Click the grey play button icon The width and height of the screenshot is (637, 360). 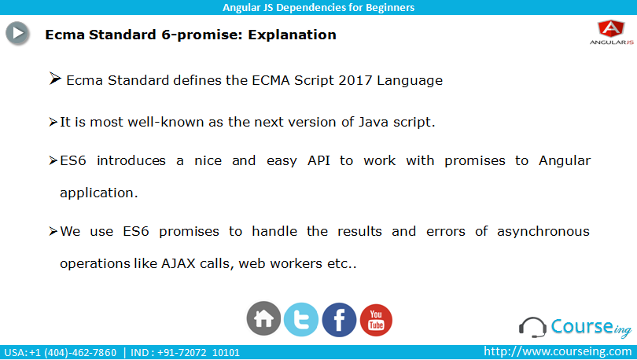pyautogui.click(x=17, y=33)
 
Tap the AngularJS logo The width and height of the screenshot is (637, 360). pyautogui.click(x=611, y=32)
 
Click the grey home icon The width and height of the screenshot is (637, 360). pyautogui.click(x=263, y=318)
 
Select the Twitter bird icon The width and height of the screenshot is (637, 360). pyautogui.click(x=301, y=319)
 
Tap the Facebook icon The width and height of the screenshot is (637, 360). pyautogui.click(x=339, y=320)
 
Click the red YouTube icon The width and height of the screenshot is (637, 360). pyautogui.click(x=376, y=320)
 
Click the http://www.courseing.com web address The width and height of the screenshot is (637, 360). pyautogui.click(x=558, y=351)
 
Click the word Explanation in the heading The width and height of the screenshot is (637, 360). pyautogui.click(x=292, y=35)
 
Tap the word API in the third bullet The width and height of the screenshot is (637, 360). pyautogui.click(x=318, y=160)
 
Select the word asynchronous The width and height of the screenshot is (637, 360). pyautogui.click(x=543, y=232)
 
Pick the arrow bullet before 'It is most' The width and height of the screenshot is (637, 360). pyautogui.click(x=53, y=122)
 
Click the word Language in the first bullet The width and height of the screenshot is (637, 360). pyautogui.click(x=410, y=81)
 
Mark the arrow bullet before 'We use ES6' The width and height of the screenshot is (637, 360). pyautogui.click(x=53, y=231)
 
